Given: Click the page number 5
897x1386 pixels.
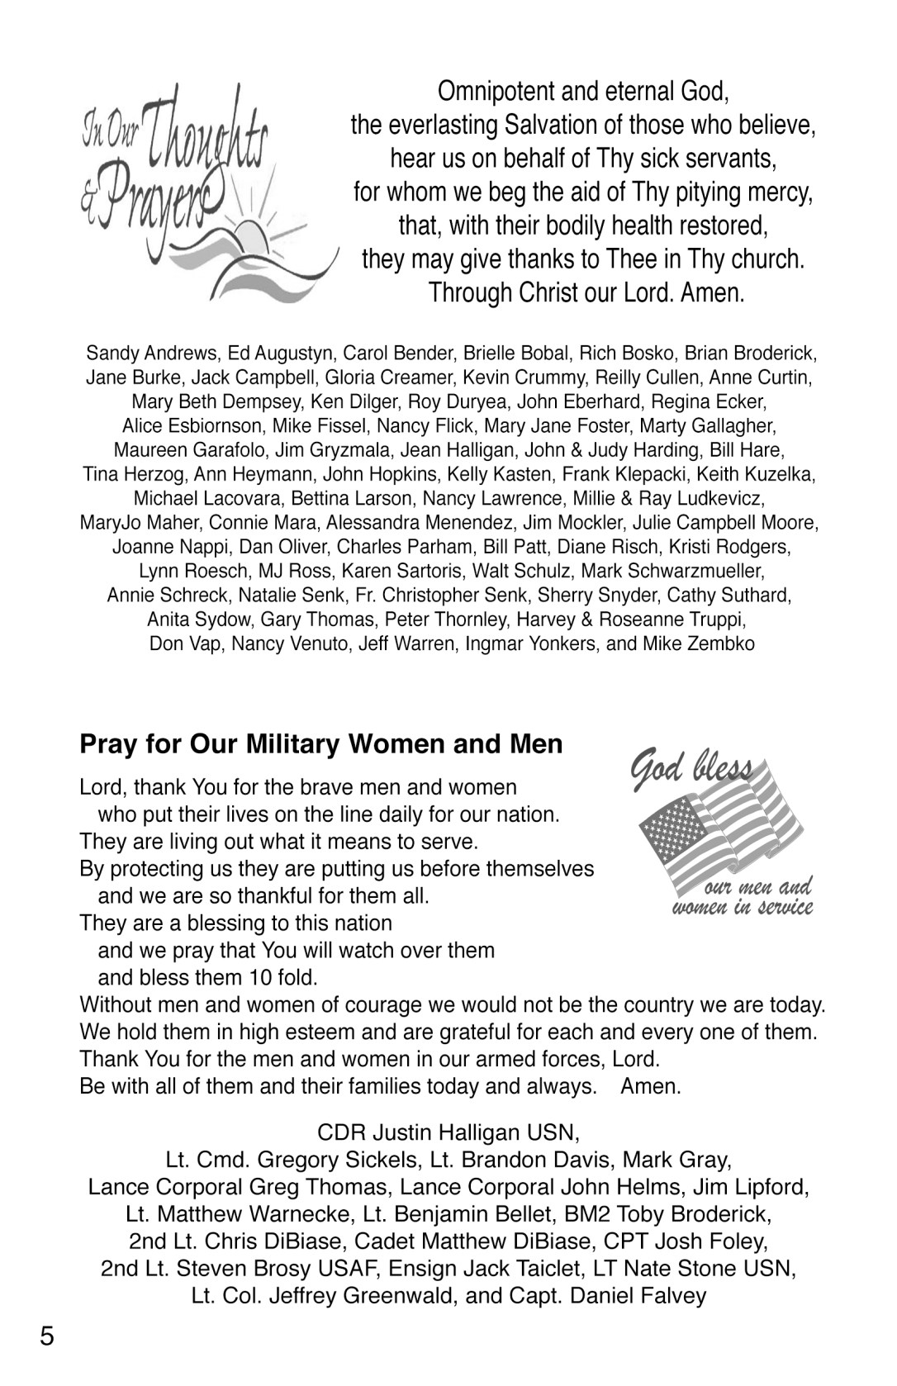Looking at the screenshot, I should click(x=47, y=1335).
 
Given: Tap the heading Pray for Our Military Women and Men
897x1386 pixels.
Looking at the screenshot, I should click(x=320, y=744).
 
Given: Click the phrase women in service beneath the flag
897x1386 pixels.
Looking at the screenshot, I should click(x=743, y=908).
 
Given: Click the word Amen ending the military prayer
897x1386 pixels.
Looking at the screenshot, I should click(x=650, y=1085).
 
